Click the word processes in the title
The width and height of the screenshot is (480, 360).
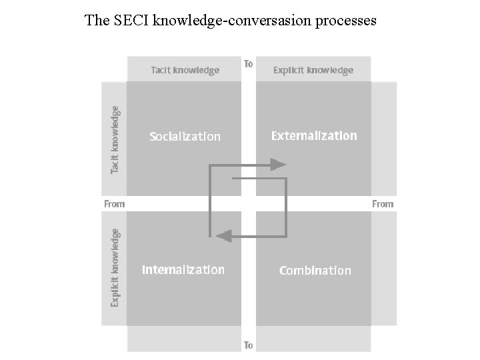coord(345,21)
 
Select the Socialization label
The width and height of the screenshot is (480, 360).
coord(185,137)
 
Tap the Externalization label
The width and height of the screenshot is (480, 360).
coord(314,135)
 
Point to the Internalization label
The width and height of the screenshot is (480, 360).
coord(183,270)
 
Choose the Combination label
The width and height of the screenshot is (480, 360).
coord(315,270)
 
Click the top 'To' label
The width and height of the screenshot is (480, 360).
coord(248,64)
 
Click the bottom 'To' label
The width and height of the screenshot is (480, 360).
coord(248,345)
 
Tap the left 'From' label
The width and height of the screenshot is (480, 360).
coord(114,204)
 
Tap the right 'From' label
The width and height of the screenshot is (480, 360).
coord(383,204)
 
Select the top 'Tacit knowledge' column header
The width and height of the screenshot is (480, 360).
coord(185,70)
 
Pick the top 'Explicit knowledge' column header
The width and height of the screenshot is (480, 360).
coord(313,70)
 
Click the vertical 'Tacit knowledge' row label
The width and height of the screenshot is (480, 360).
coord(115,141)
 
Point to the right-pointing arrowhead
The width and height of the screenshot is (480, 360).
coord(278,164)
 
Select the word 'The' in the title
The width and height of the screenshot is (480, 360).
coord(96,21)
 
